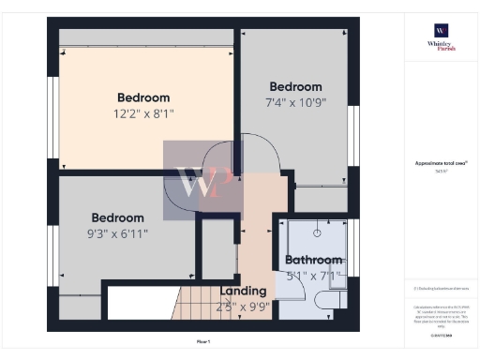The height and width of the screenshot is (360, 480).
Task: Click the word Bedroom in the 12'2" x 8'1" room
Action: pyautogui.click(x=143, y=97)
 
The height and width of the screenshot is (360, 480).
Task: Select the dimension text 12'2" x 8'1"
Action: pyautogui.click(x=143, y=113)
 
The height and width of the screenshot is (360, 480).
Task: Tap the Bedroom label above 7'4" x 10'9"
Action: pyautogui.click(x=295, y=86)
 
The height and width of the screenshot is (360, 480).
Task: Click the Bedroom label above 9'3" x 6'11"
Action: pyautogui.click(x=117, y=217)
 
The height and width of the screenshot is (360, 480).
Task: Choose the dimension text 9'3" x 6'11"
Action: pyautogui.click(x=117, y=233)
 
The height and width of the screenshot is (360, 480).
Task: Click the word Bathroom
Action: pyautogui.click(x=314, y=260)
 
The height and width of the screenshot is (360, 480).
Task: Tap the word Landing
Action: pyautogui.click(x=243, y=292)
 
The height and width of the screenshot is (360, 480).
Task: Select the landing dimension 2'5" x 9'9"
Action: pyautogui.click(x=243, y=307)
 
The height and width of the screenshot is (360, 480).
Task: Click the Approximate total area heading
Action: pyautogui.click(x=441, y=163)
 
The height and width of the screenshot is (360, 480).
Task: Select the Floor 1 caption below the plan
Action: pyautogui.click(x=202, y=342)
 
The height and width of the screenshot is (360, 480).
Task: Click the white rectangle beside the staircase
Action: pyautogui.click(x=140, y=304)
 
